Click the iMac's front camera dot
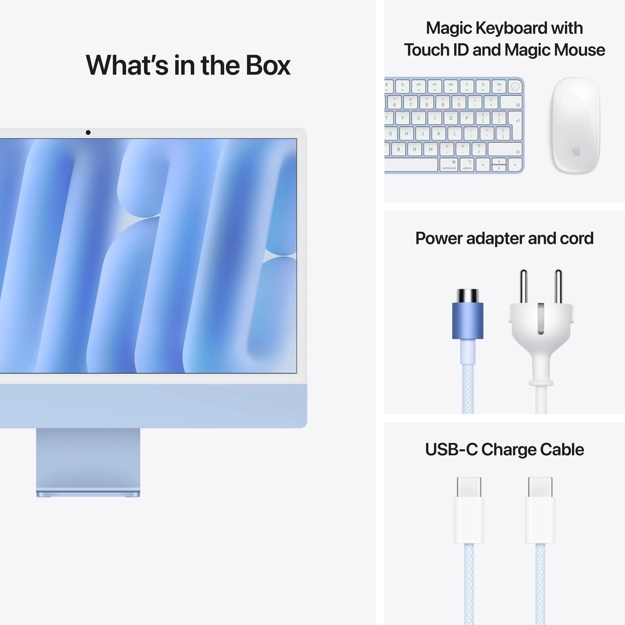point(88,132)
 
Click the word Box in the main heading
point(268,65)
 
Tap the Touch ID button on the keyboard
point(515,87)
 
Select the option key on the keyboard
point(467,165)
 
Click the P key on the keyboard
point(467,118)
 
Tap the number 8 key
point(426,102)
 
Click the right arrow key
point(515,165)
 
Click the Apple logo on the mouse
point(576,151)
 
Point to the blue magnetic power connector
point(468,320)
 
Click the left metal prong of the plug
point(523,286)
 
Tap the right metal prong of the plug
point(558,286)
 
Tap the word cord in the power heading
point(577,238)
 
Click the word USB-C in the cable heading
point(451,450)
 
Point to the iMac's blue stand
point(88,461)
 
